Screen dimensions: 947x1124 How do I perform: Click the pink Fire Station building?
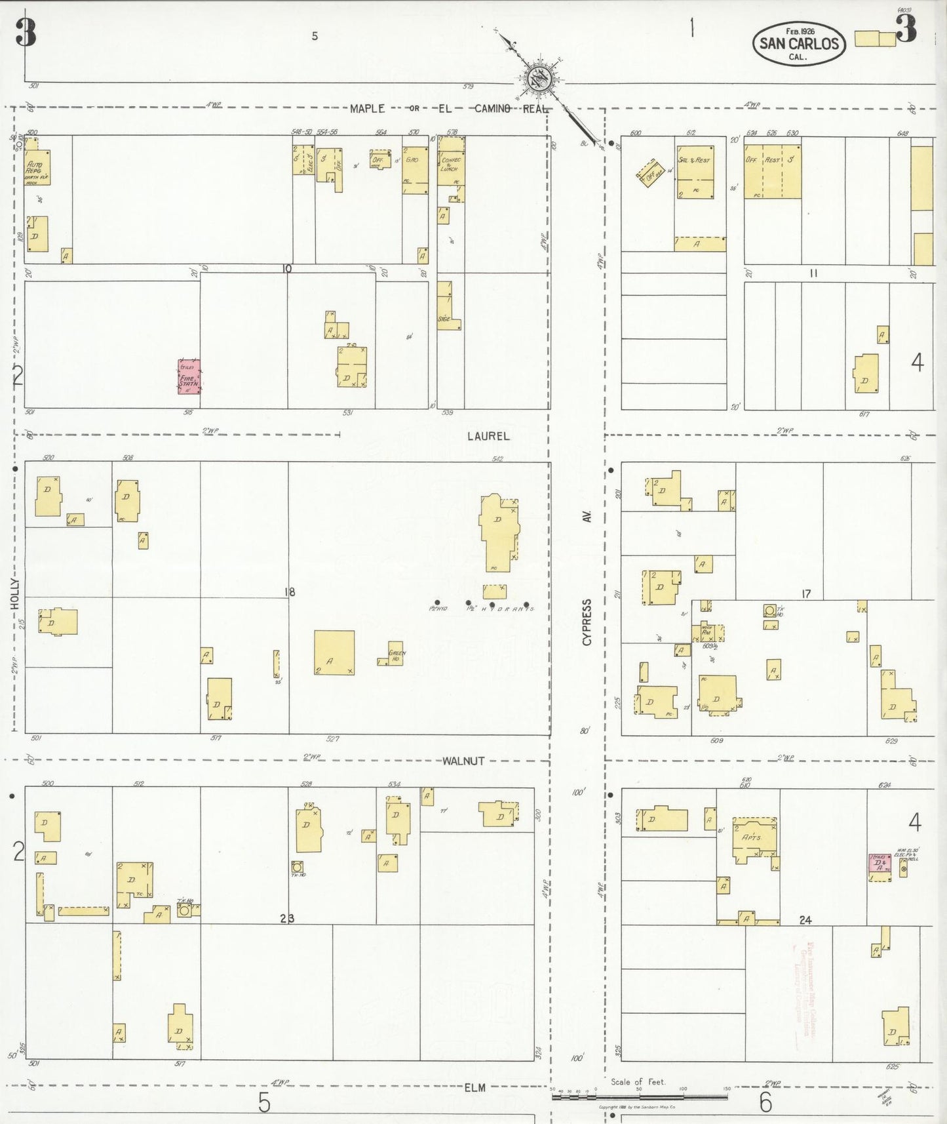click(x=189, y=376)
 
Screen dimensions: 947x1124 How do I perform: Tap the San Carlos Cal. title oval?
click(x=798, y=44)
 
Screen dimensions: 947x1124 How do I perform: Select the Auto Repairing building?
click(x=37, y=168)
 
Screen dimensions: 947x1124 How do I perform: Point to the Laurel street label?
click(x=488, y=435)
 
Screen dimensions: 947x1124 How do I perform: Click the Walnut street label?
click(x=463, y=761)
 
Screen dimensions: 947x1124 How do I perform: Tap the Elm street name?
click(x=474, y=1087)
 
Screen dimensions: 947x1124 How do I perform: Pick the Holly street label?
click(x=15, y=594)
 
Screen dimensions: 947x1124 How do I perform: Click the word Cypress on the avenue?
click(x=587, y=622)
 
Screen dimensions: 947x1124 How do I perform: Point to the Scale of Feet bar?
click(x=640, y=1096)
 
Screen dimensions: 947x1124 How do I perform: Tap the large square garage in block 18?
click(x=334, y=652)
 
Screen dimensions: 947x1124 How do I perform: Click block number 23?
click(x=287, y=918)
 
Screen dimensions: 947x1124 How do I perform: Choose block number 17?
click(x=806, y=593)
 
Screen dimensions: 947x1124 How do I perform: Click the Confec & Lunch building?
click(x=451, y=165)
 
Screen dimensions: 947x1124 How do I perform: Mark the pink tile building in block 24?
click(x=879, y=864)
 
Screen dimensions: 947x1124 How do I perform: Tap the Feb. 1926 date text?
click(x=800, y=31)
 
